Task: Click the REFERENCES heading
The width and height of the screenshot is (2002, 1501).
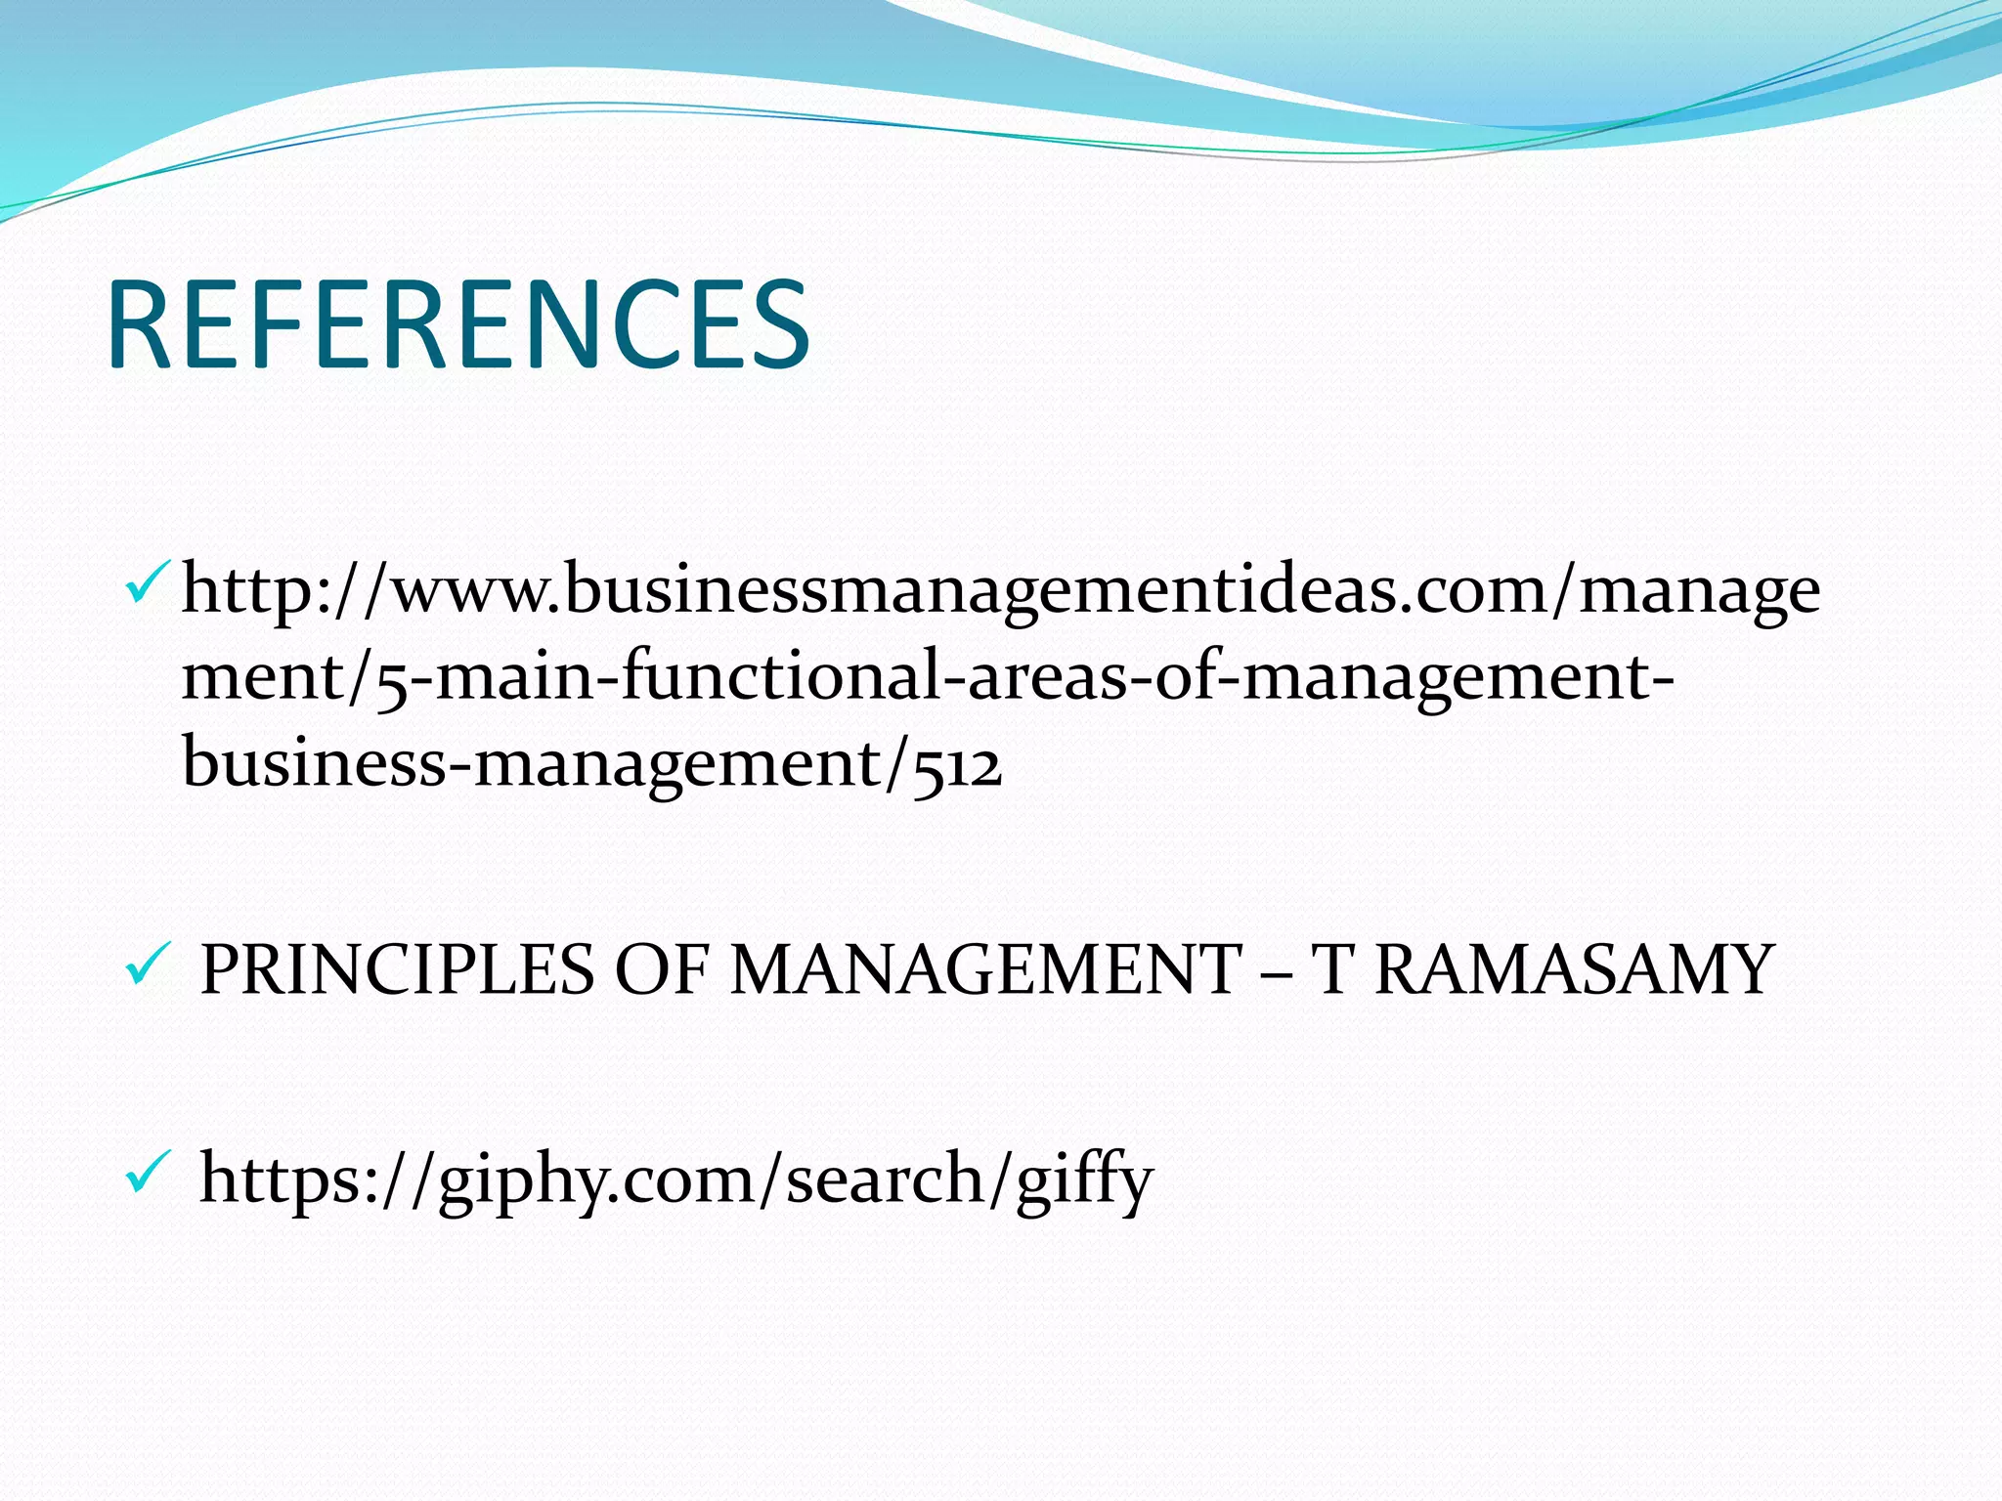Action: coord(458,324)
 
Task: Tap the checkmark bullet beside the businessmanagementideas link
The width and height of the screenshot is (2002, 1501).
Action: coord(148,582)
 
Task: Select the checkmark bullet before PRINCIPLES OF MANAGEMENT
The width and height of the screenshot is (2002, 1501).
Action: coord(148,966)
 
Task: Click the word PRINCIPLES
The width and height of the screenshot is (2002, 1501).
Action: coord(397,969)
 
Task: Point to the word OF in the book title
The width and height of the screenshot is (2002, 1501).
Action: coord(661,969)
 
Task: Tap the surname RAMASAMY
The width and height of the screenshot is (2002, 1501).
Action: coord(1574,969)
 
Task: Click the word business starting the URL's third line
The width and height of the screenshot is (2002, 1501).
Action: coord(314,763)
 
